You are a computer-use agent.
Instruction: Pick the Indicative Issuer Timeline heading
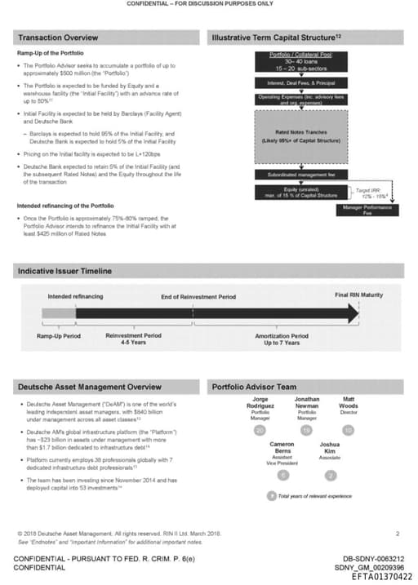click(x=64, y=270)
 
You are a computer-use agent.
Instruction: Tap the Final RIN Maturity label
click(x=358, y=295)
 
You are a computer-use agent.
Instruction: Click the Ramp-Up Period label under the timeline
click(x=58, y=335)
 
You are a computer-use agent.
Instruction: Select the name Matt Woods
click(x=349, y=401)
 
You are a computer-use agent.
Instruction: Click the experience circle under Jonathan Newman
click(x=305, y=429)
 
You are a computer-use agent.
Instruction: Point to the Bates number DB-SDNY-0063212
click(x=374, y=559)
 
